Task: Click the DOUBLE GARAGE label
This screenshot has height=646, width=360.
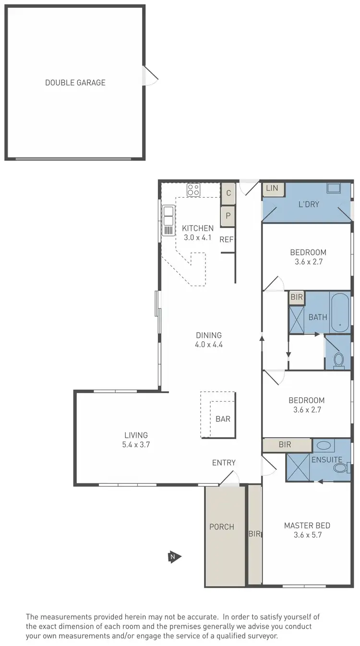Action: [75, 83]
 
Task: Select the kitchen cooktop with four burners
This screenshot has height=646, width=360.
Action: [193, 190]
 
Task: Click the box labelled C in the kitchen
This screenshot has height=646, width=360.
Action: [228, 193]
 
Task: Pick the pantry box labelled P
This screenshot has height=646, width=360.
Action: [228, 216]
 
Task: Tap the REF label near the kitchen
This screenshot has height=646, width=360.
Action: [227, 239]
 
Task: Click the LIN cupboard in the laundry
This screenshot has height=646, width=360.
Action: [272, 189]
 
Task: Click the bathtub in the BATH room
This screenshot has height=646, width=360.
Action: [340, 312]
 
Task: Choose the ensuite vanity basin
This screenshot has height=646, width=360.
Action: [324, 445]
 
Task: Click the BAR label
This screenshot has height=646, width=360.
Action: [223, 419]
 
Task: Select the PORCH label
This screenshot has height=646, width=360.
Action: [222, 526]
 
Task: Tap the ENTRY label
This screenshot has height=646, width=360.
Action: [224, 463]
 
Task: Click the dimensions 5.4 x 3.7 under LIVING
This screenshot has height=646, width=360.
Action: [136, 444]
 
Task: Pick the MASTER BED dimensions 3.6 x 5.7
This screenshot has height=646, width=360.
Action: [307, 535]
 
